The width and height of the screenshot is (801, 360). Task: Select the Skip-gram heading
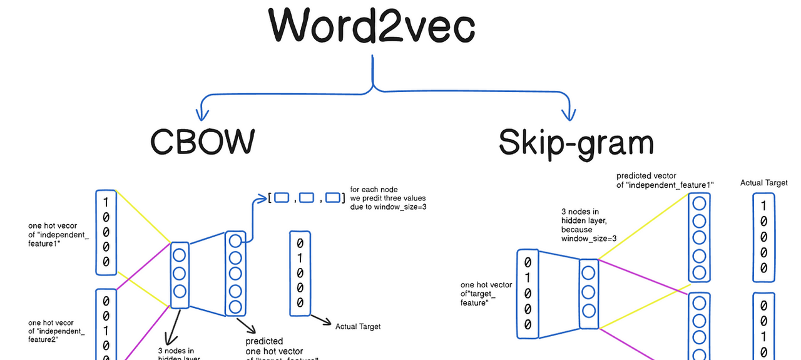(576, 142)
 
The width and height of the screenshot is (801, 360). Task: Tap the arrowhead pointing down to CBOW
(202, 115)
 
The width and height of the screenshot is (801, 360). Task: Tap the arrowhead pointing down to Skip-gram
(568, 114)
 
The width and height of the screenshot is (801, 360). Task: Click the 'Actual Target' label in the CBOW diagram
(357, 326)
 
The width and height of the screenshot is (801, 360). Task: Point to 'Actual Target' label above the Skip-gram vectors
(764, 183)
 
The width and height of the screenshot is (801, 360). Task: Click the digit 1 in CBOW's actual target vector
(300, 257)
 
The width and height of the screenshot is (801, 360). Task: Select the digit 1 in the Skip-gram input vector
(528, 277)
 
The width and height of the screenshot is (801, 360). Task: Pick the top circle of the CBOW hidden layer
(180, 255)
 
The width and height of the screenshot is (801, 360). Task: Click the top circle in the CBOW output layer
(235, 241)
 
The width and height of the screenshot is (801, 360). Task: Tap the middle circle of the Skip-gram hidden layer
(588, 292)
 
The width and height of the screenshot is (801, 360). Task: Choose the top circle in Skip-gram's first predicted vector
(699, 203)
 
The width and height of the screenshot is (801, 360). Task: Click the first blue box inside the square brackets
(282, 198)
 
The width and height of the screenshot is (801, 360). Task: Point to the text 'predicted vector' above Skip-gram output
(646, 176)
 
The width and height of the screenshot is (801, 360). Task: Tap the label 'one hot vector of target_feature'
(486, 294)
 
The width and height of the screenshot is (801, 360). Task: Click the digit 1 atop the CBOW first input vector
(106, 202)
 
